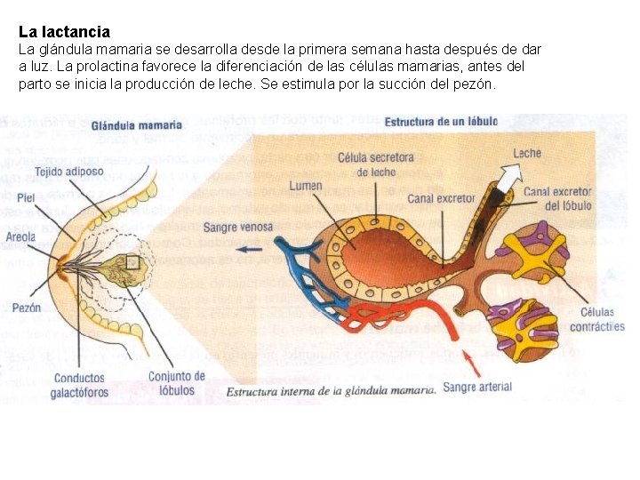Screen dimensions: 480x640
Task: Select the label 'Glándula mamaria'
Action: pos(136,125)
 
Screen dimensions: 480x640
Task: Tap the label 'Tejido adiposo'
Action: pos(68,171)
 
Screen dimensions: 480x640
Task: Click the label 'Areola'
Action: pos(20,237)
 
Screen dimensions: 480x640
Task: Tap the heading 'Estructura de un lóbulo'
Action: pos(441,121)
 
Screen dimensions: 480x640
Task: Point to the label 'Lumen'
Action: pos(305,186)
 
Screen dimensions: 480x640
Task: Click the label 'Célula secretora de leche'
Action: pos(375,164)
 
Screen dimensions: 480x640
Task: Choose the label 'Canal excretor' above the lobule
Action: pos(441,197)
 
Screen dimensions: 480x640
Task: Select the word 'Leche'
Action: pos(526,153)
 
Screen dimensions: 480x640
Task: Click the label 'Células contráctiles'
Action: pos(602,318)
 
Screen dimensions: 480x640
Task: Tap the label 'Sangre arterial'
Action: pos(477,388)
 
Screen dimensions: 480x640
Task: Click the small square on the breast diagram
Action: pos(133,262)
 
